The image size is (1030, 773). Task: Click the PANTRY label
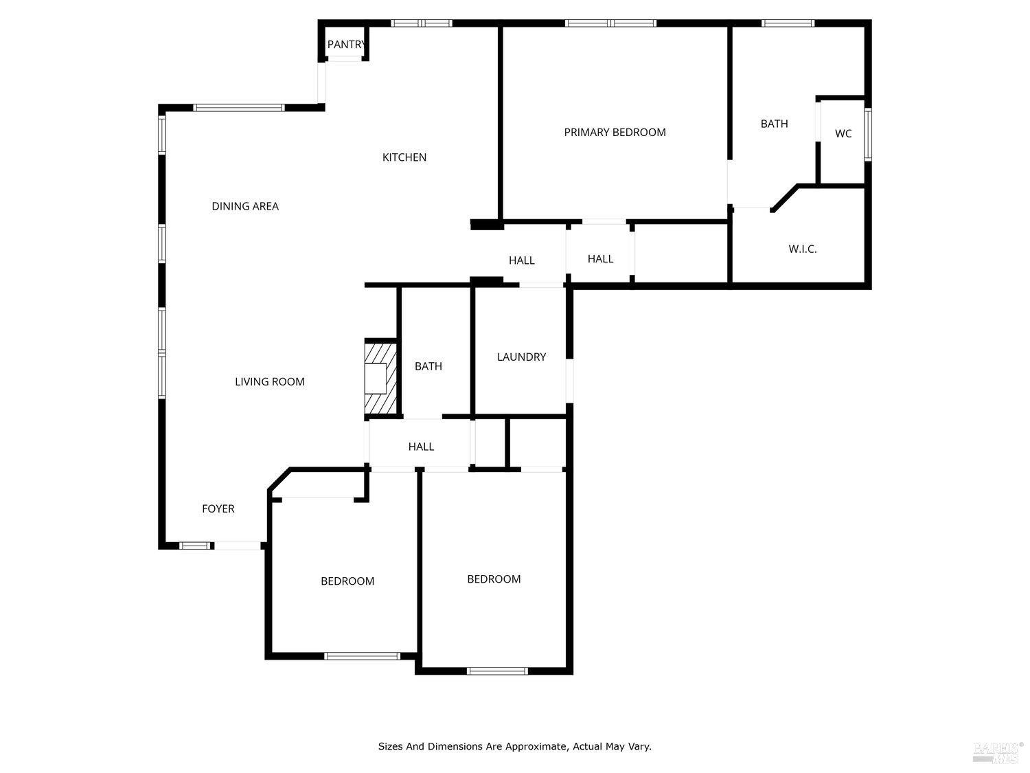pyautogui.click(x=346, y=45)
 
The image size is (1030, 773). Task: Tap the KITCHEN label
pyautogui.click(x=404, y=157)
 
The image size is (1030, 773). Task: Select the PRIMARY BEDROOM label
pyautogui.click(x=615, y=132)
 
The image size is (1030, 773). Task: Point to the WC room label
pyautogui.click(x=843, y=133)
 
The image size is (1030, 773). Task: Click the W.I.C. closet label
pyautogui.click(x=802, y=249)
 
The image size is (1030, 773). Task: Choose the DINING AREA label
pyautogui.click(x=245, y=206)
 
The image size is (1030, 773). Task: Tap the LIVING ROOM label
pyautogui.click(x=270, y=381)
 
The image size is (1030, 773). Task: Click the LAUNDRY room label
pyautogui.click(x=521, y=357)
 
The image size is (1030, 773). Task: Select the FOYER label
pyautogui.click(x=218, y=508)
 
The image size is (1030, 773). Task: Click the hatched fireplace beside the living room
pyautogui.click(x=380, y=379)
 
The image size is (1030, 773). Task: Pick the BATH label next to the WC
pyautogui.click(x=774, y=124)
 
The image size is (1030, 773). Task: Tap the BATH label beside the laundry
pyautogui.click(x=428, y=366)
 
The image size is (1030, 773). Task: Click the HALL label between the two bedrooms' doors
pyautogui.click(x=421, y=447)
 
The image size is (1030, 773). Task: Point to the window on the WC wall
pyautogui.click(x=868, y=135)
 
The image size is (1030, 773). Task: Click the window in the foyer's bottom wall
pyautogui.click(x=195, y=546)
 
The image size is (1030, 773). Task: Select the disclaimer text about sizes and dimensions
pyautogui.click(x=514, y=746)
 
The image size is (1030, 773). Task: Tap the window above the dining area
pyautogui.click(x=238, y=108)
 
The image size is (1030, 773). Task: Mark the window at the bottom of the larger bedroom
pyautogui.click(x=497, y=671)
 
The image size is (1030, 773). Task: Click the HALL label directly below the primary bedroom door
pyautogui.click(x=600, y=259)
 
